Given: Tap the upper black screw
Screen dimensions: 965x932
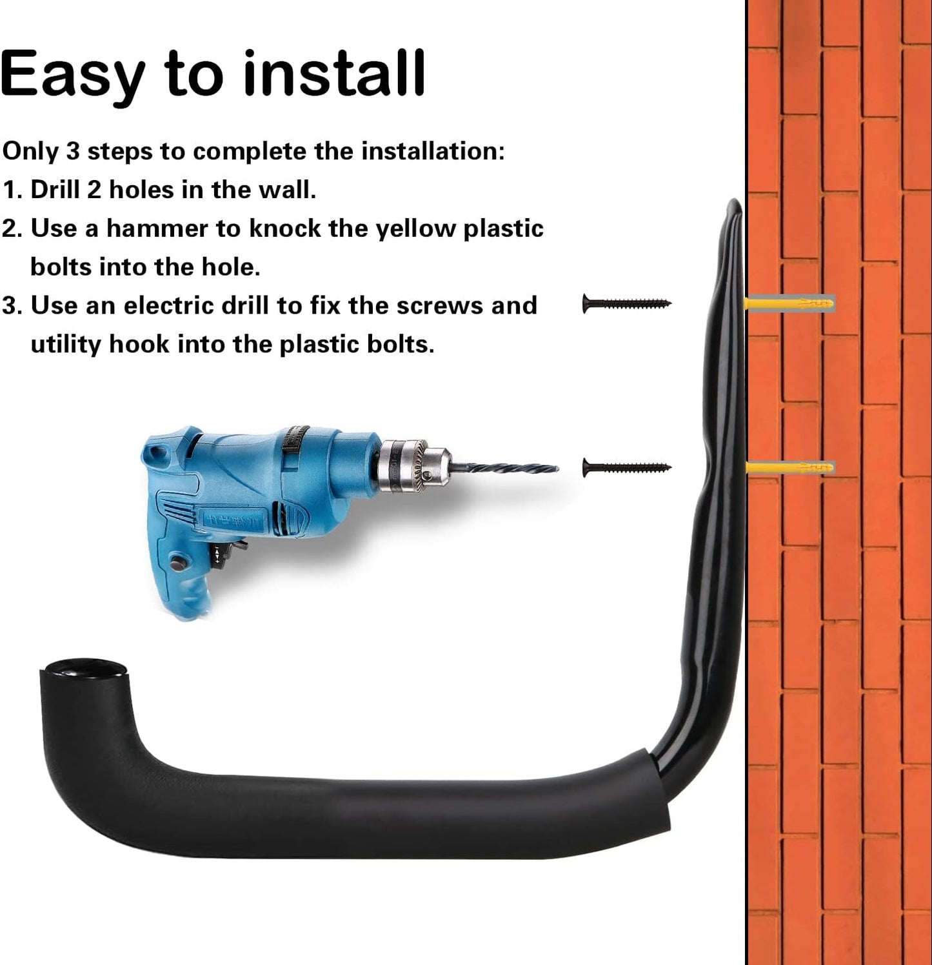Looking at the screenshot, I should pyautogui.click(x=626, y=303).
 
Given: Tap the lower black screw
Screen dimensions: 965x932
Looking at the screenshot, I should pyautogui.click(x=626, y=467).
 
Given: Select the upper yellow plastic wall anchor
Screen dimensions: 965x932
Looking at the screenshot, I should pyautogui.click(x=790, y=303).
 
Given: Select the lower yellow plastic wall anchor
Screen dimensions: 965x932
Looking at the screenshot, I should pyautogui.click(x=790, y=467).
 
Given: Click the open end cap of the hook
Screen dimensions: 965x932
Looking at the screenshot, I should pyautogui.click(x=84, y=668).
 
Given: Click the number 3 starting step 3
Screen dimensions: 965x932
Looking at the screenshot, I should pyautogui.click(x=9, y=305).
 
